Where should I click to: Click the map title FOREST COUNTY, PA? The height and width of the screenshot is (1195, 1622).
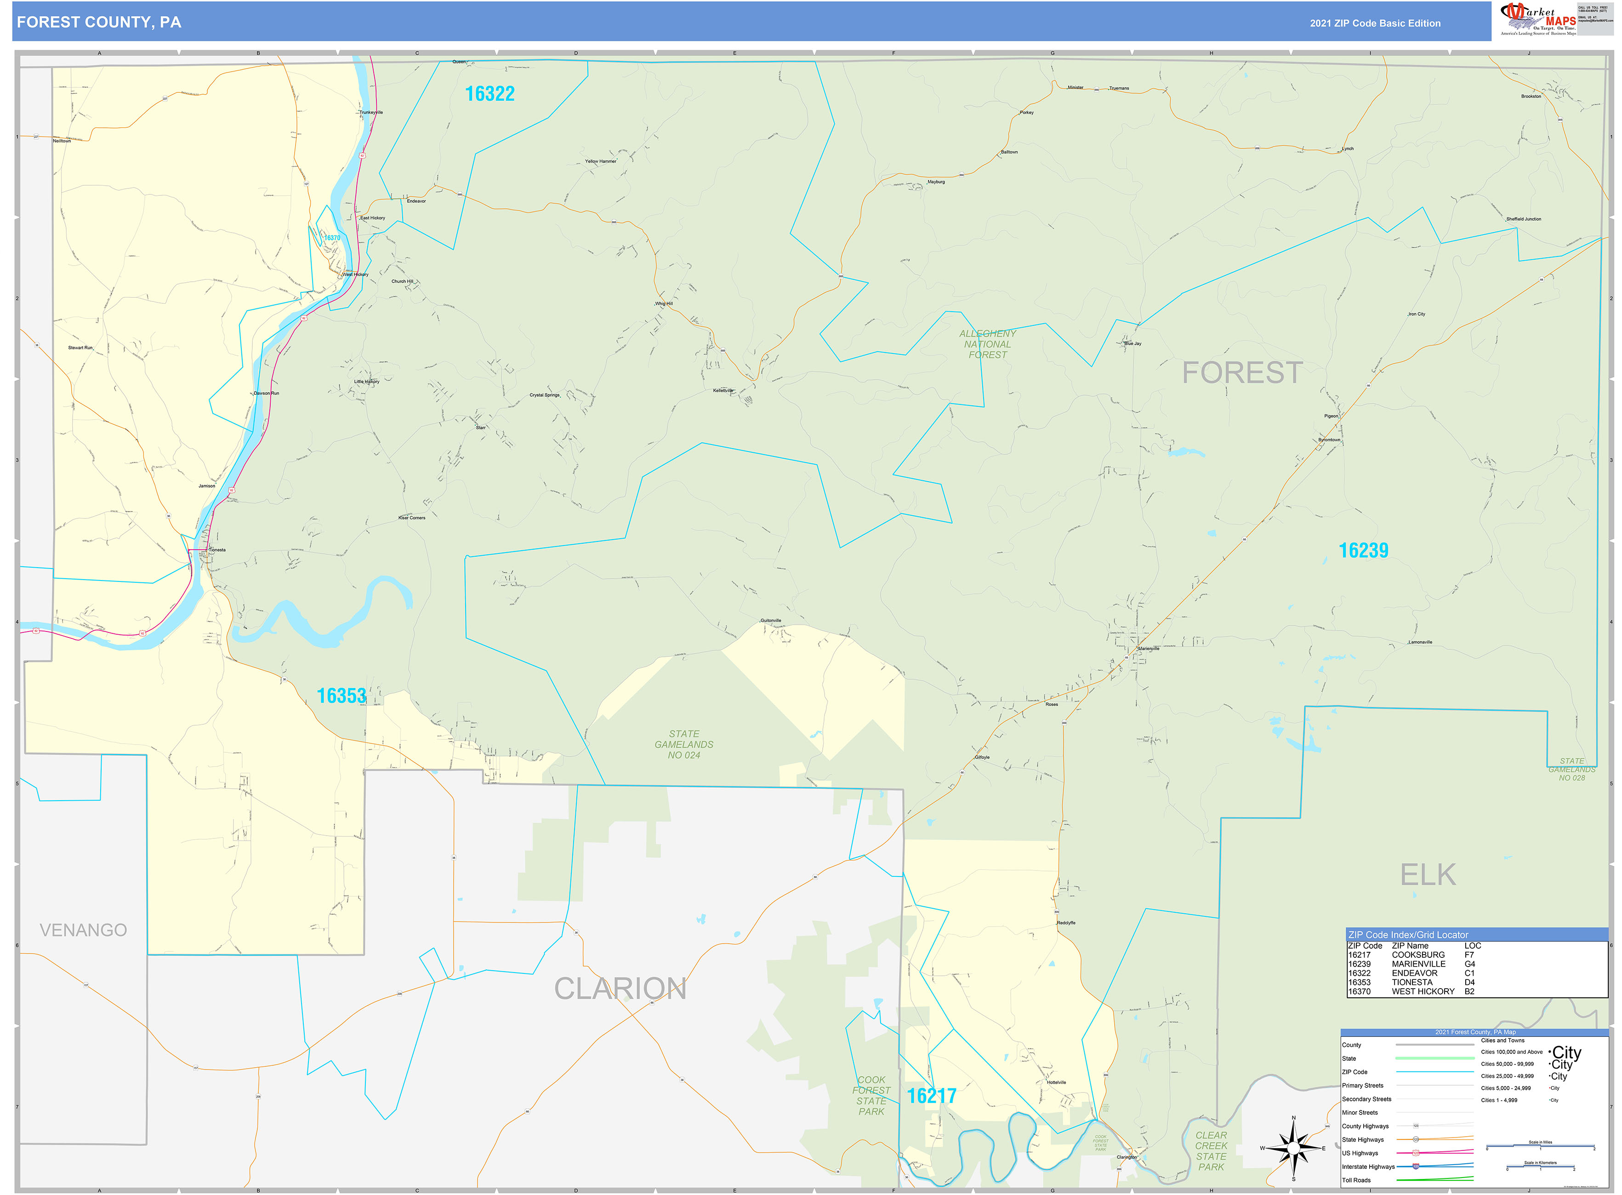tap(99, 23)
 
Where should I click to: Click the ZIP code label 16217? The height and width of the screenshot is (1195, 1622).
tap(931, 1096)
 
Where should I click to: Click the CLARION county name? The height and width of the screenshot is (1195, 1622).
tap(620, 989)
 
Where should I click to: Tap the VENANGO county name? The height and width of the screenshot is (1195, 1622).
tap(83, 930)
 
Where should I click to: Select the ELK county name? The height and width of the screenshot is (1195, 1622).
tap(1428, 875)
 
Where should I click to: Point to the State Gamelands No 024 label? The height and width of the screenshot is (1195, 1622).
tap(683, 744)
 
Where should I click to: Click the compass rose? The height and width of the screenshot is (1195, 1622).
tap(1293, 1148)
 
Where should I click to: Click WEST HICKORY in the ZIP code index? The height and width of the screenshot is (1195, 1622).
tap(1423, 992)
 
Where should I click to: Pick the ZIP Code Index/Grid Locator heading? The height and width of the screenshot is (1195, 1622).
tap(1408, 934)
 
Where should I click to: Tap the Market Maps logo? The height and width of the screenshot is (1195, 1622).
tap(1537, 19)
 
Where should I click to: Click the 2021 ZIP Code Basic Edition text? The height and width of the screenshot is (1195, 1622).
tap(1375, 23)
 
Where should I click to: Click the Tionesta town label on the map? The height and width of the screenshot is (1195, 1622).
tap(217, 550)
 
